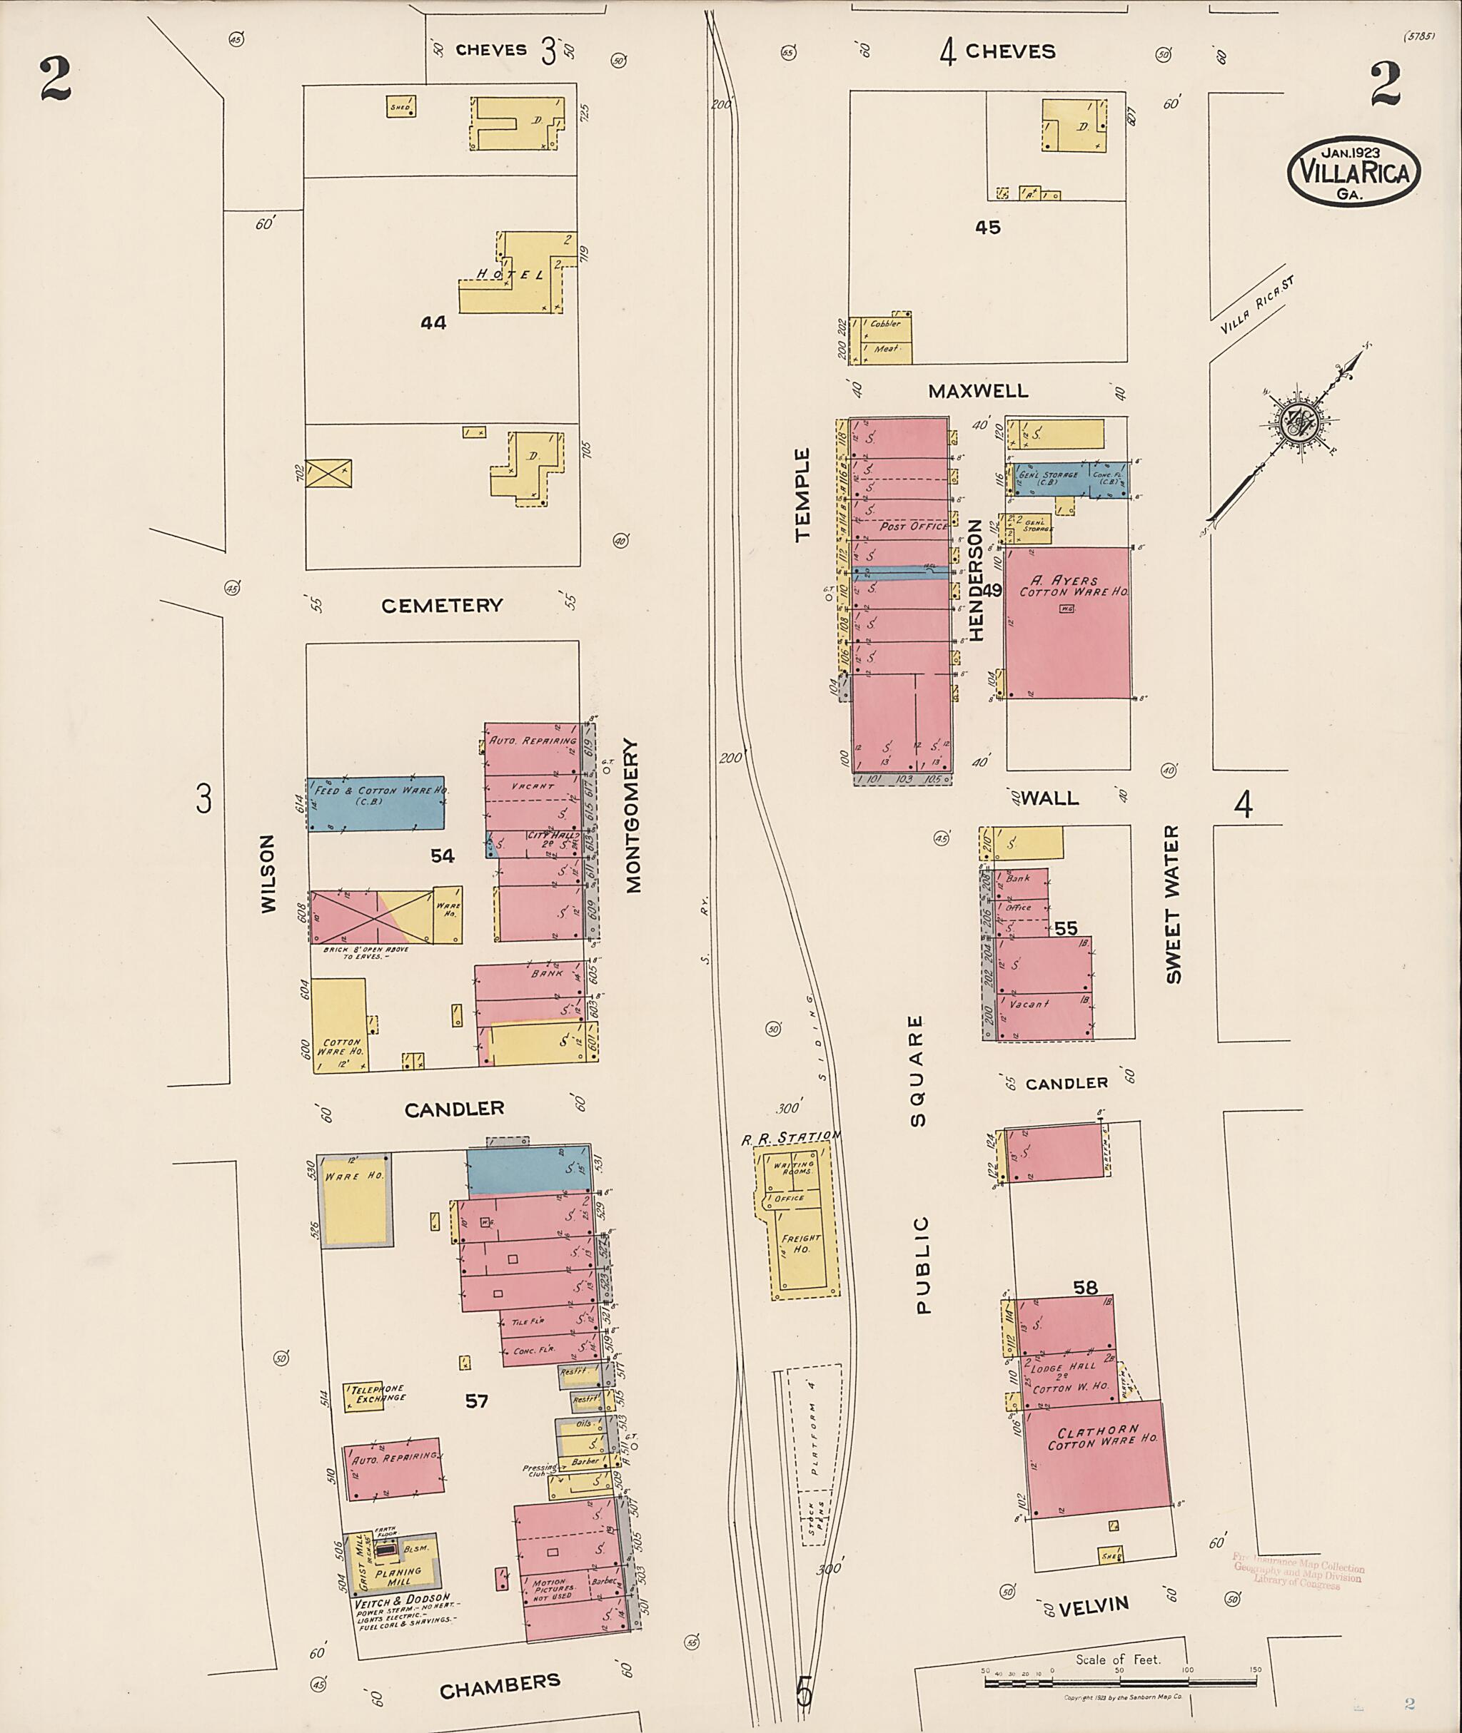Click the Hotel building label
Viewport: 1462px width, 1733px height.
[x=509, y=274]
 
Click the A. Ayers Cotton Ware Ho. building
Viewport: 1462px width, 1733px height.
[x=1067, y=621]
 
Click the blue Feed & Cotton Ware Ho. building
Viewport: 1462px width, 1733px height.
[x=375, y=803]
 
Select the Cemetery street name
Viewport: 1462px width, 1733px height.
[x=442, y=606]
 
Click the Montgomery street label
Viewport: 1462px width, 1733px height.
[x=634, y=816]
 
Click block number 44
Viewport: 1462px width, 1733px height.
[x=433, y=323]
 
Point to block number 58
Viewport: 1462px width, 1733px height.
[x=1085, y=1287]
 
